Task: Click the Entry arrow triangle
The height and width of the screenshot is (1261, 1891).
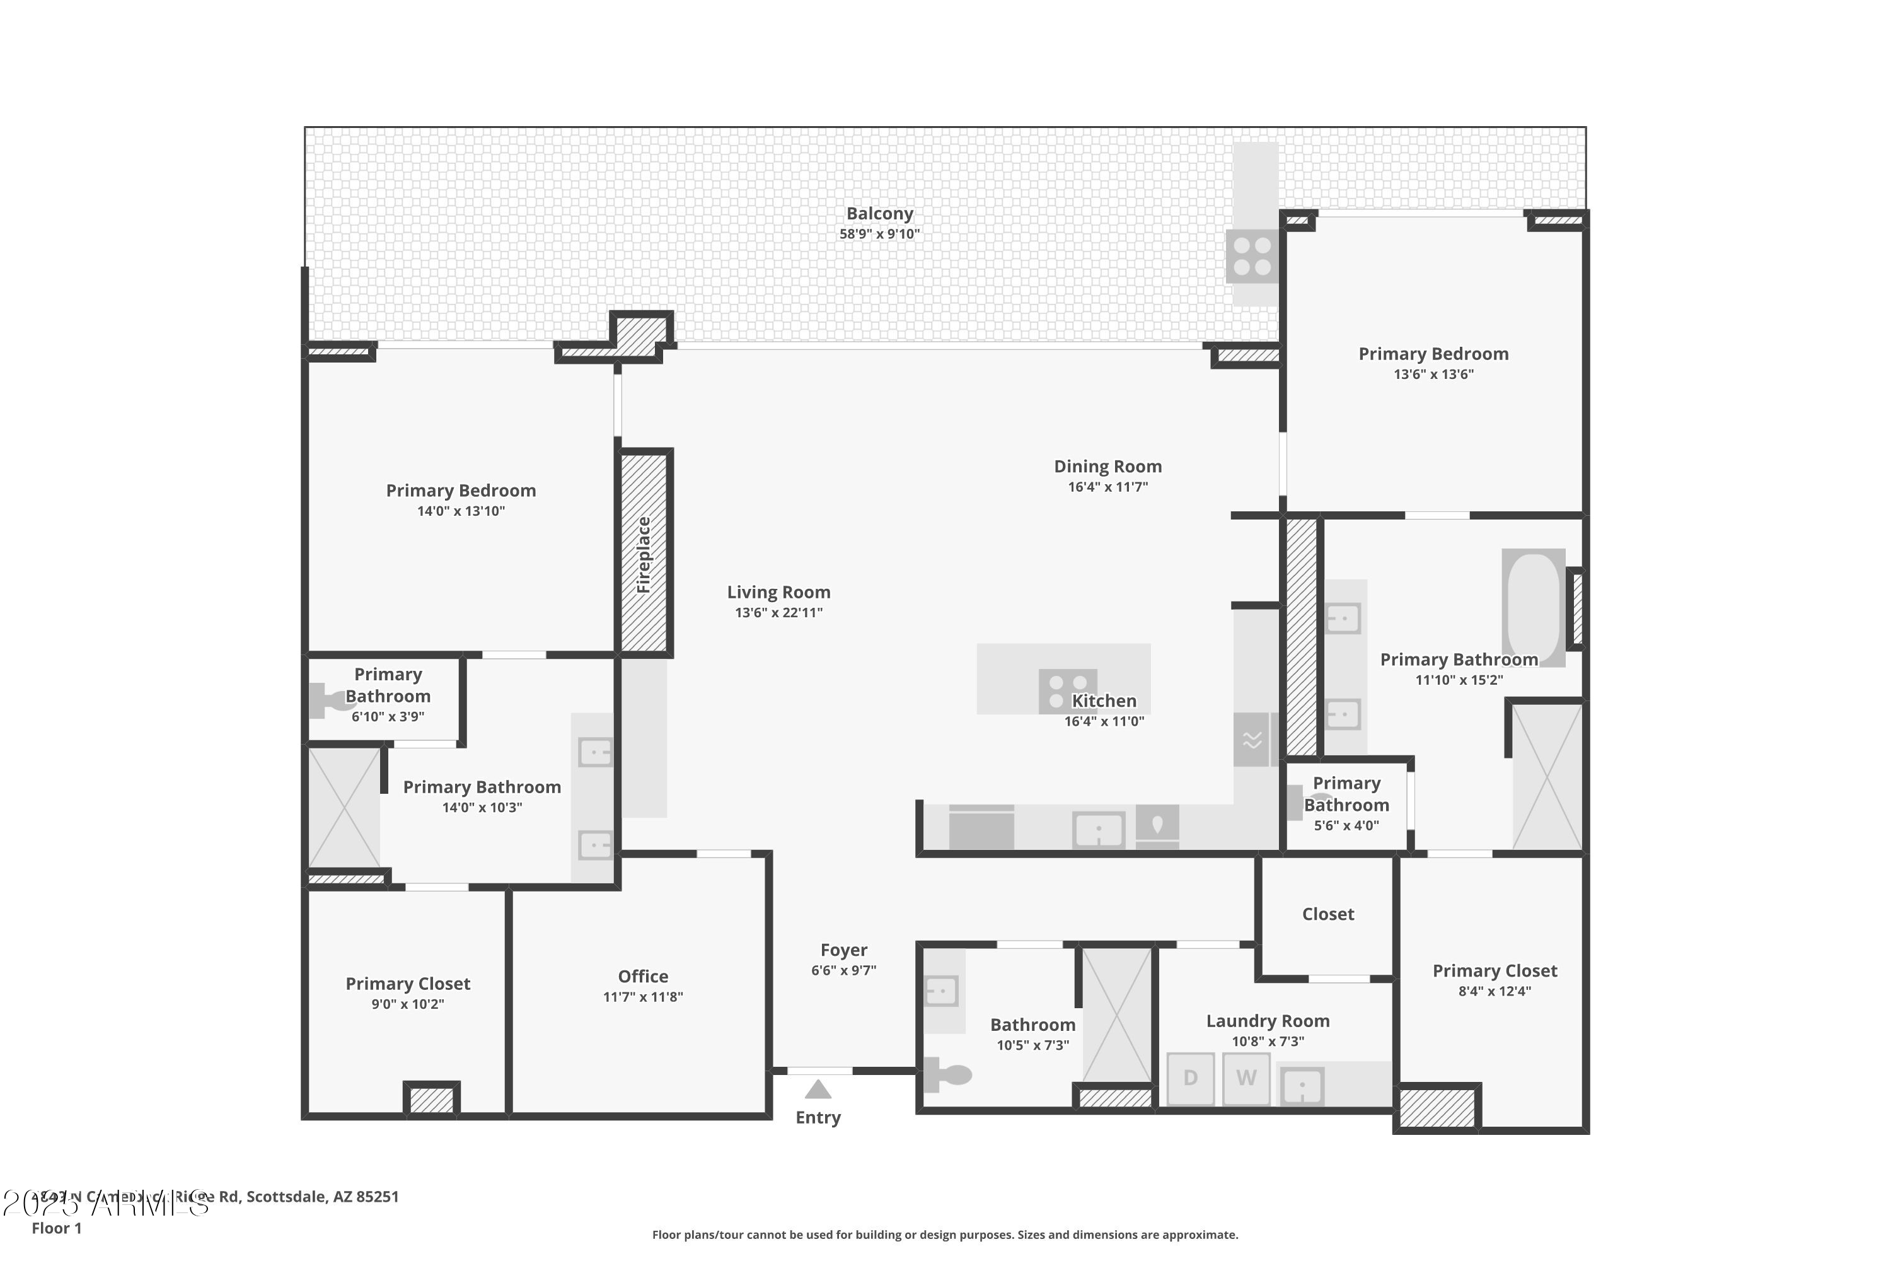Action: click(x=818, y=1090)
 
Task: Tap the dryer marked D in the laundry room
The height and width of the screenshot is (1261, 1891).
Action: click(x=1190, y=1078)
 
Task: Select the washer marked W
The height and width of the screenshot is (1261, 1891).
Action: click(x=1246, y=1078)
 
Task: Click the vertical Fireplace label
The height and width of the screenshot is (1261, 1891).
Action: click(x=643, y=555)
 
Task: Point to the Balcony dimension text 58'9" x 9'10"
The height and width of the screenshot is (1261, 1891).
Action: click(x=879, y=234)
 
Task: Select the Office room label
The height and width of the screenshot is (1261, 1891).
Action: click(x=642, y=976)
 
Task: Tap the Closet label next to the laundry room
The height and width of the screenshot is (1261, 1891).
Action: click(x=1327, y=914)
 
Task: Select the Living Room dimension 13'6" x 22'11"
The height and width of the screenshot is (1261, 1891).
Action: click(x=778, y=613)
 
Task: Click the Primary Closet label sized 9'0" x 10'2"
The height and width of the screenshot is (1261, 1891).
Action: click(x=408, y=984)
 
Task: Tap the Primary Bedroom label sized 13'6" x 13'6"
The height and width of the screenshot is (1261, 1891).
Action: click(x=1433, y=354)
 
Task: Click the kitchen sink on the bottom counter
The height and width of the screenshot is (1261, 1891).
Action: click(x=1098, y=830)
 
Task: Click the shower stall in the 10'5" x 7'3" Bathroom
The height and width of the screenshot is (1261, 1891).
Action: click(x=1117, y=1015)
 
